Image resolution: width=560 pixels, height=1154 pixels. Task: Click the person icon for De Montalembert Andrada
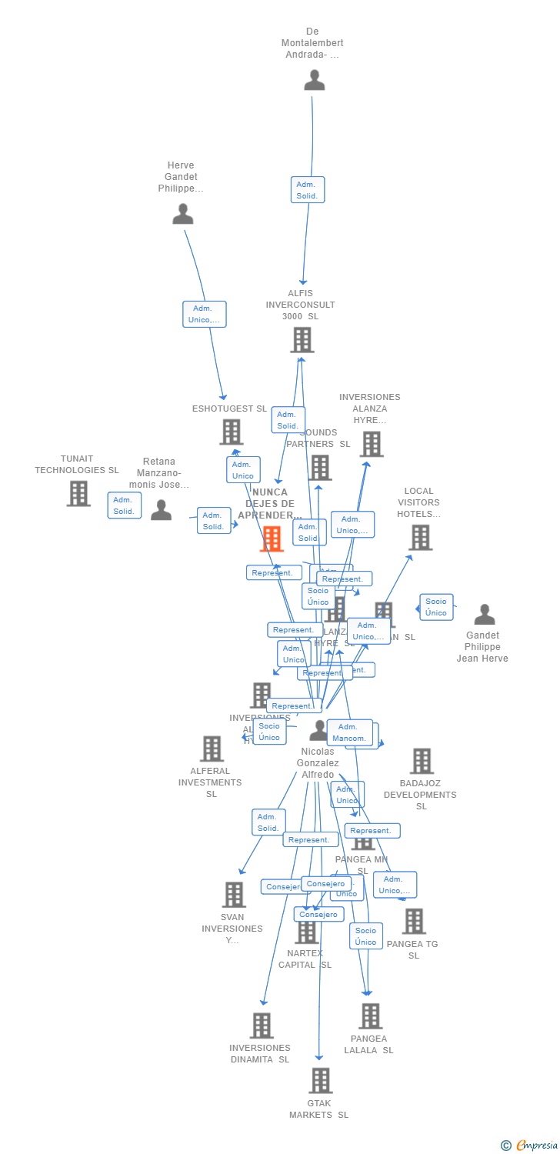[x=314, y=80]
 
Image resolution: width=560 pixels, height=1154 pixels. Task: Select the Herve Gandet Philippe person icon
[x=183, y=214]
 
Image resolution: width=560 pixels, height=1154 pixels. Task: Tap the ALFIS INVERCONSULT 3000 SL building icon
[x=302, y=340]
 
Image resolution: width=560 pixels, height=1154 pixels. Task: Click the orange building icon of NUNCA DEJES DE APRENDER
[x=272, y=539]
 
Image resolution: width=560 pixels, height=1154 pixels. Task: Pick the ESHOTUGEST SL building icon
[x=232, y=432]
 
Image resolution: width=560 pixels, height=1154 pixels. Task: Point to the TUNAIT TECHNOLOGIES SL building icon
[x=78, y=493]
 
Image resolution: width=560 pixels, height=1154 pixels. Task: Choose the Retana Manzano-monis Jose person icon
[x=161, y=509]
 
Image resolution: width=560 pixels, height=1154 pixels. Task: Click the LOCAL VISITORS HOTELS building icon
[x=420, y=537]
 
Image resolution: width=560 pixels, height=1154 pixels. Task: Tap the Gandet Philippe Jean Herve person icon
[x=485, y=615]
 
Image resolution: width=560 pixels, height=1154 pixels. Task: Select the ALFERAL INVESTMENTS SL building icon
[x=212, y=748]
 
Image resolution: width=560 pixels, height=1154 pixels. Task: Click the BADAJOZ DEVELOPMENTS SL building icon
[x=422, y=761]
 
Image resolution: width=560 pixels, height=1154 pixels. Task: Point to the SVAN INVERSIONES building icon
[x=235, y=894]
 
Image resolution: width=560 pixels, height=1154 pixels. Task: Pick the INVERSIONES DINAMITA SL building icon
[x=262, y=1025]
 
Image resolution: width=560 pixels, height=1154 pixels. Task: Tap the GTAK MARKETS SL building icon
[x=321, y=1080]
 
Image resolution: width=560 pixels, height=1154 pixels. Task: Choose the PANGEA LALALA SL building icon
[x=371, y=1016]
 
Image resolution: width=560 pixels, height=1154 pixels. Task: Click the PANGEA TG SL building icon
[x=414, y=921]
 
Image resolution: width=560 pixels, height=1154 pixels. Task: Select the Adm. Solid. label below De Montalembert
[x=308, y=189]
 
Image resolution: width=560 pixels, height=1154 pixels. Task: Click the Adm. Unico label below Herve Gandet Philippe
[x=205, y=314]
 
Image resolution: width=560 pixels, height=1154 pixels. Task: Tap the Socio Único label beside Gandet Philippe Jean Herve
[x=436, y=607]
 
